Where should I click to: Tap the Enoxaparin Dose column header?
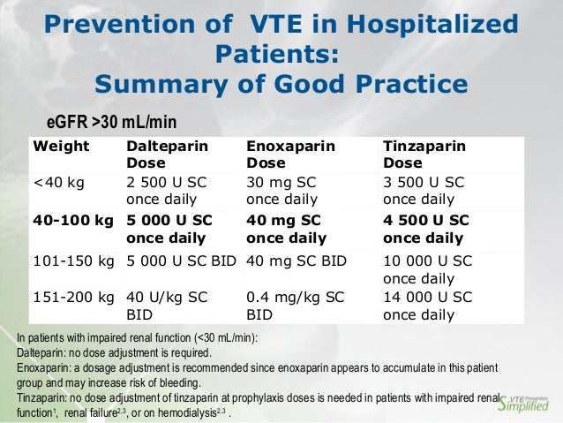290,155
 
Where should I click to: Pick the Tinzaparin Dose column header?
424,155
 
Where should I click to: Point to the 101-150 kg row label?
74,261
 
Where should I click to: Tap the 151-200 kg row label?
74,297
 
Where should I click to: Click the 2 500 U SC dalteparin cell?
167,191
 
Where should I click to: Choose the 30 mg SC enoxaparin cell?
281,191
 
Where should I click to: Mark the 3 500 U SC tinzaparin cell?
428,191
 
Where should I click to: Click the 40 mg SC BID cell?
296,261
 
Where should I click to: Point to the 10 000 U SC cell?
428,268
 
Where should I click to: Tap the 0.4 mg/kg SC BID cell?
290,305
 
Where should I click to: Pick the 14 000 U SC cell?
428,305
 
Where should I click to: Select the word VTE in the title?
284,29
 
